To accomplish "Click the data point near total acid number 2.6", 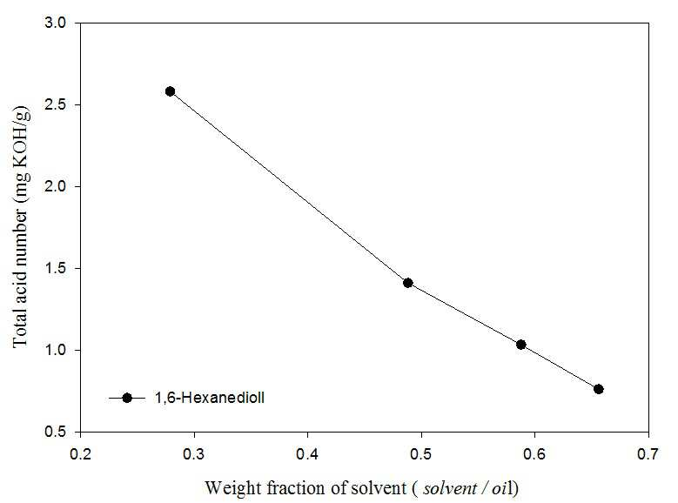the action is pos(170,91).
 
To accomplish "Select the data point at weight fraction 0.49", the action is pos(407,283).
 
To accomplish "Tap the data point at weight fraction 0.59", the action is pos(521,345).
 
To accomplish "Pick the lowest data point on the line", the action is pos(599,389).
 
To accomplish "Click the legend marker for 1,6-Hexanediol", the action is pos(127,398).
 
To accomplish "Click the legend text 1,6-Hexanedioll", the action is pos(210,398).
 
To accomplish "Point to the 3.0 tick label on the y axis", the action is pos(56,23).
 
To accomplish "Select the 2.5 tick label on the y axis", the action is pos(56,104).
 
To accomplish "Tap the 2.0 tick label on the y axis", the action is pos(56,186).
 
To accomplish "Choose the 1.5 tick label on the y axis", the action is pos(56,268).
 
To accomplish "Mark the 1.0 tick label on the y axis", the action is pos(56,350).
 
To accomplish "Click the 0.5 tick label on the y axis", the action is pos(56,432).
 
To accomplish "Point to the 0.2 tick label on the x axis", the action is pos(80,453).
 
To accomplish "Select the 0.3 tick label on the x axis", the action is pos(194,453).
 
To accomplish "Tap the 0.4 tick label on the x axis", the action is pos(307,453).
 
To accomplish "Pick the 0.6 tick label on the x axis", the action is pos(535,453).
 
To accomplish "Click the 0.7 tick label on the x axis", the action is pos(648,453).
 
